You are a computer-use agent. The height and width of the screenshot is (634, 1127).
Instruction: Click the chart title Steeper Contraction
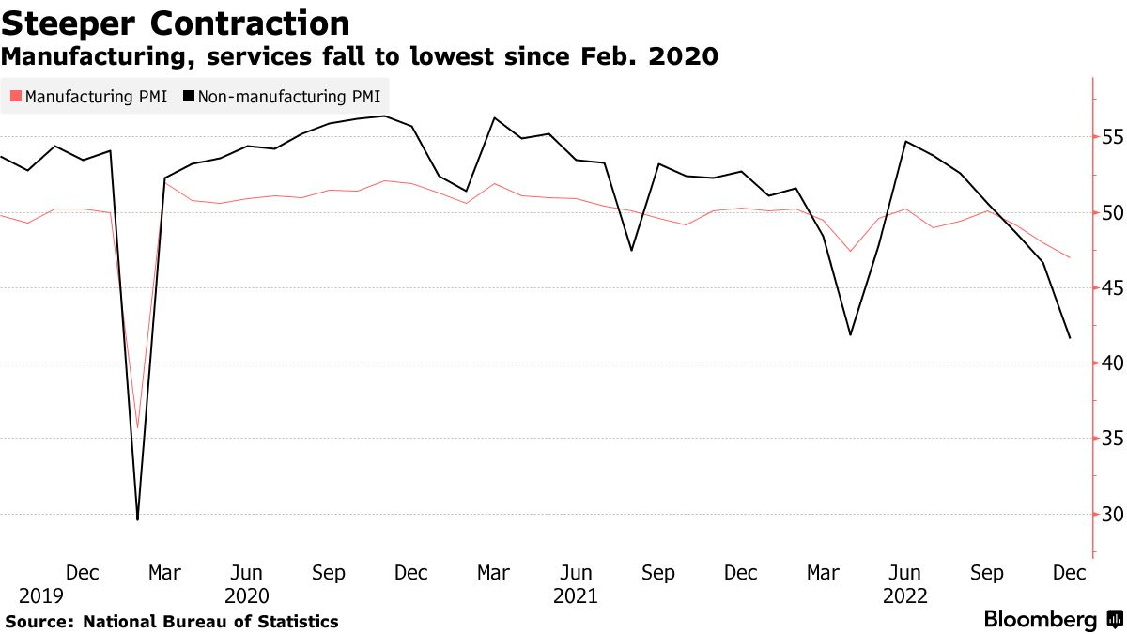click(176, 23)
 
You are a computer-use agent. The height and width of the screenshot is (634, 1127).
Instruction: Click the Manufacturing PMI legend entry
click(88, 96)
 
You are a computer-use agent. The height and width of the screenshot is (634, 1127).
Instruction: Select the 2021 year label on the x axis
click(575, 595)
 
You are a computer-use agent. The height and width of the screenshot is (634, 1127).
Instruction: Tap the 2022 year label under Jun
click(904, 595)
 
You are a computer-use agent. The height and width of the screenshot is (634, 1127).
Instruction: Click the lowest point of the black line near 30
click(138, 519)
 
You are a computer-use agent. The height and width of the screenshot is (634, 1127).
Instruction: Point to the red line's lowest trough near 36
click(138, 428)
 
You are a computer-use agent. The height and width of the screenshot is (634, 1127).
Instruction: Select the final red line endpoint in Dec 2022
click(1070, 257)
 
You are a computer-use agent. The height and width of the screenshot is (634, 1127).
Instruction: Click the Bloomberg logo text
click(1040, 620)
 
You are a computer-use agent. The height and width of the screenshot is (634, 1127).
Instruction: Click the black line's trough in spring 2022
click(850, 334)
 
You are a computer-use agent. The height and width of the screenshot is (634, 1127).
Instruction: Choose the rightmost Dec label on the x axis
click(1070, 573)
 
